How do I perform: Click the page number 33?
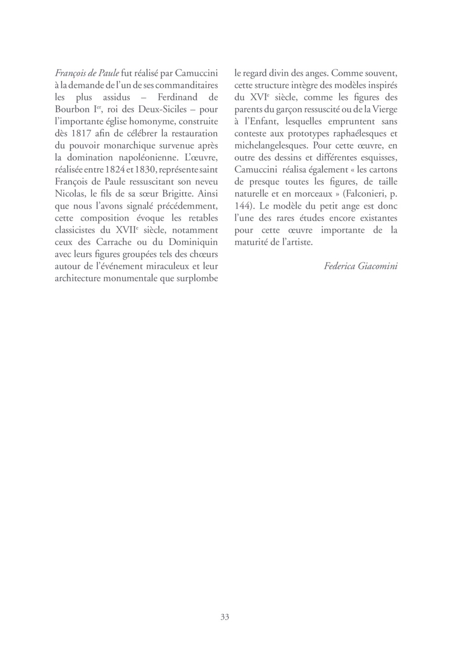coord(225,617)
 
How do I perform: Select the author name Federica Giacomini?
coord(361,266)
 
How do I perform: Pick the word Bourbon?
coord(72,110)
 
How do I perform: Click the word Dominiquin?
coord(194,242)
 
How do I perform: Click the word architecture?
coord(77,278)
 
